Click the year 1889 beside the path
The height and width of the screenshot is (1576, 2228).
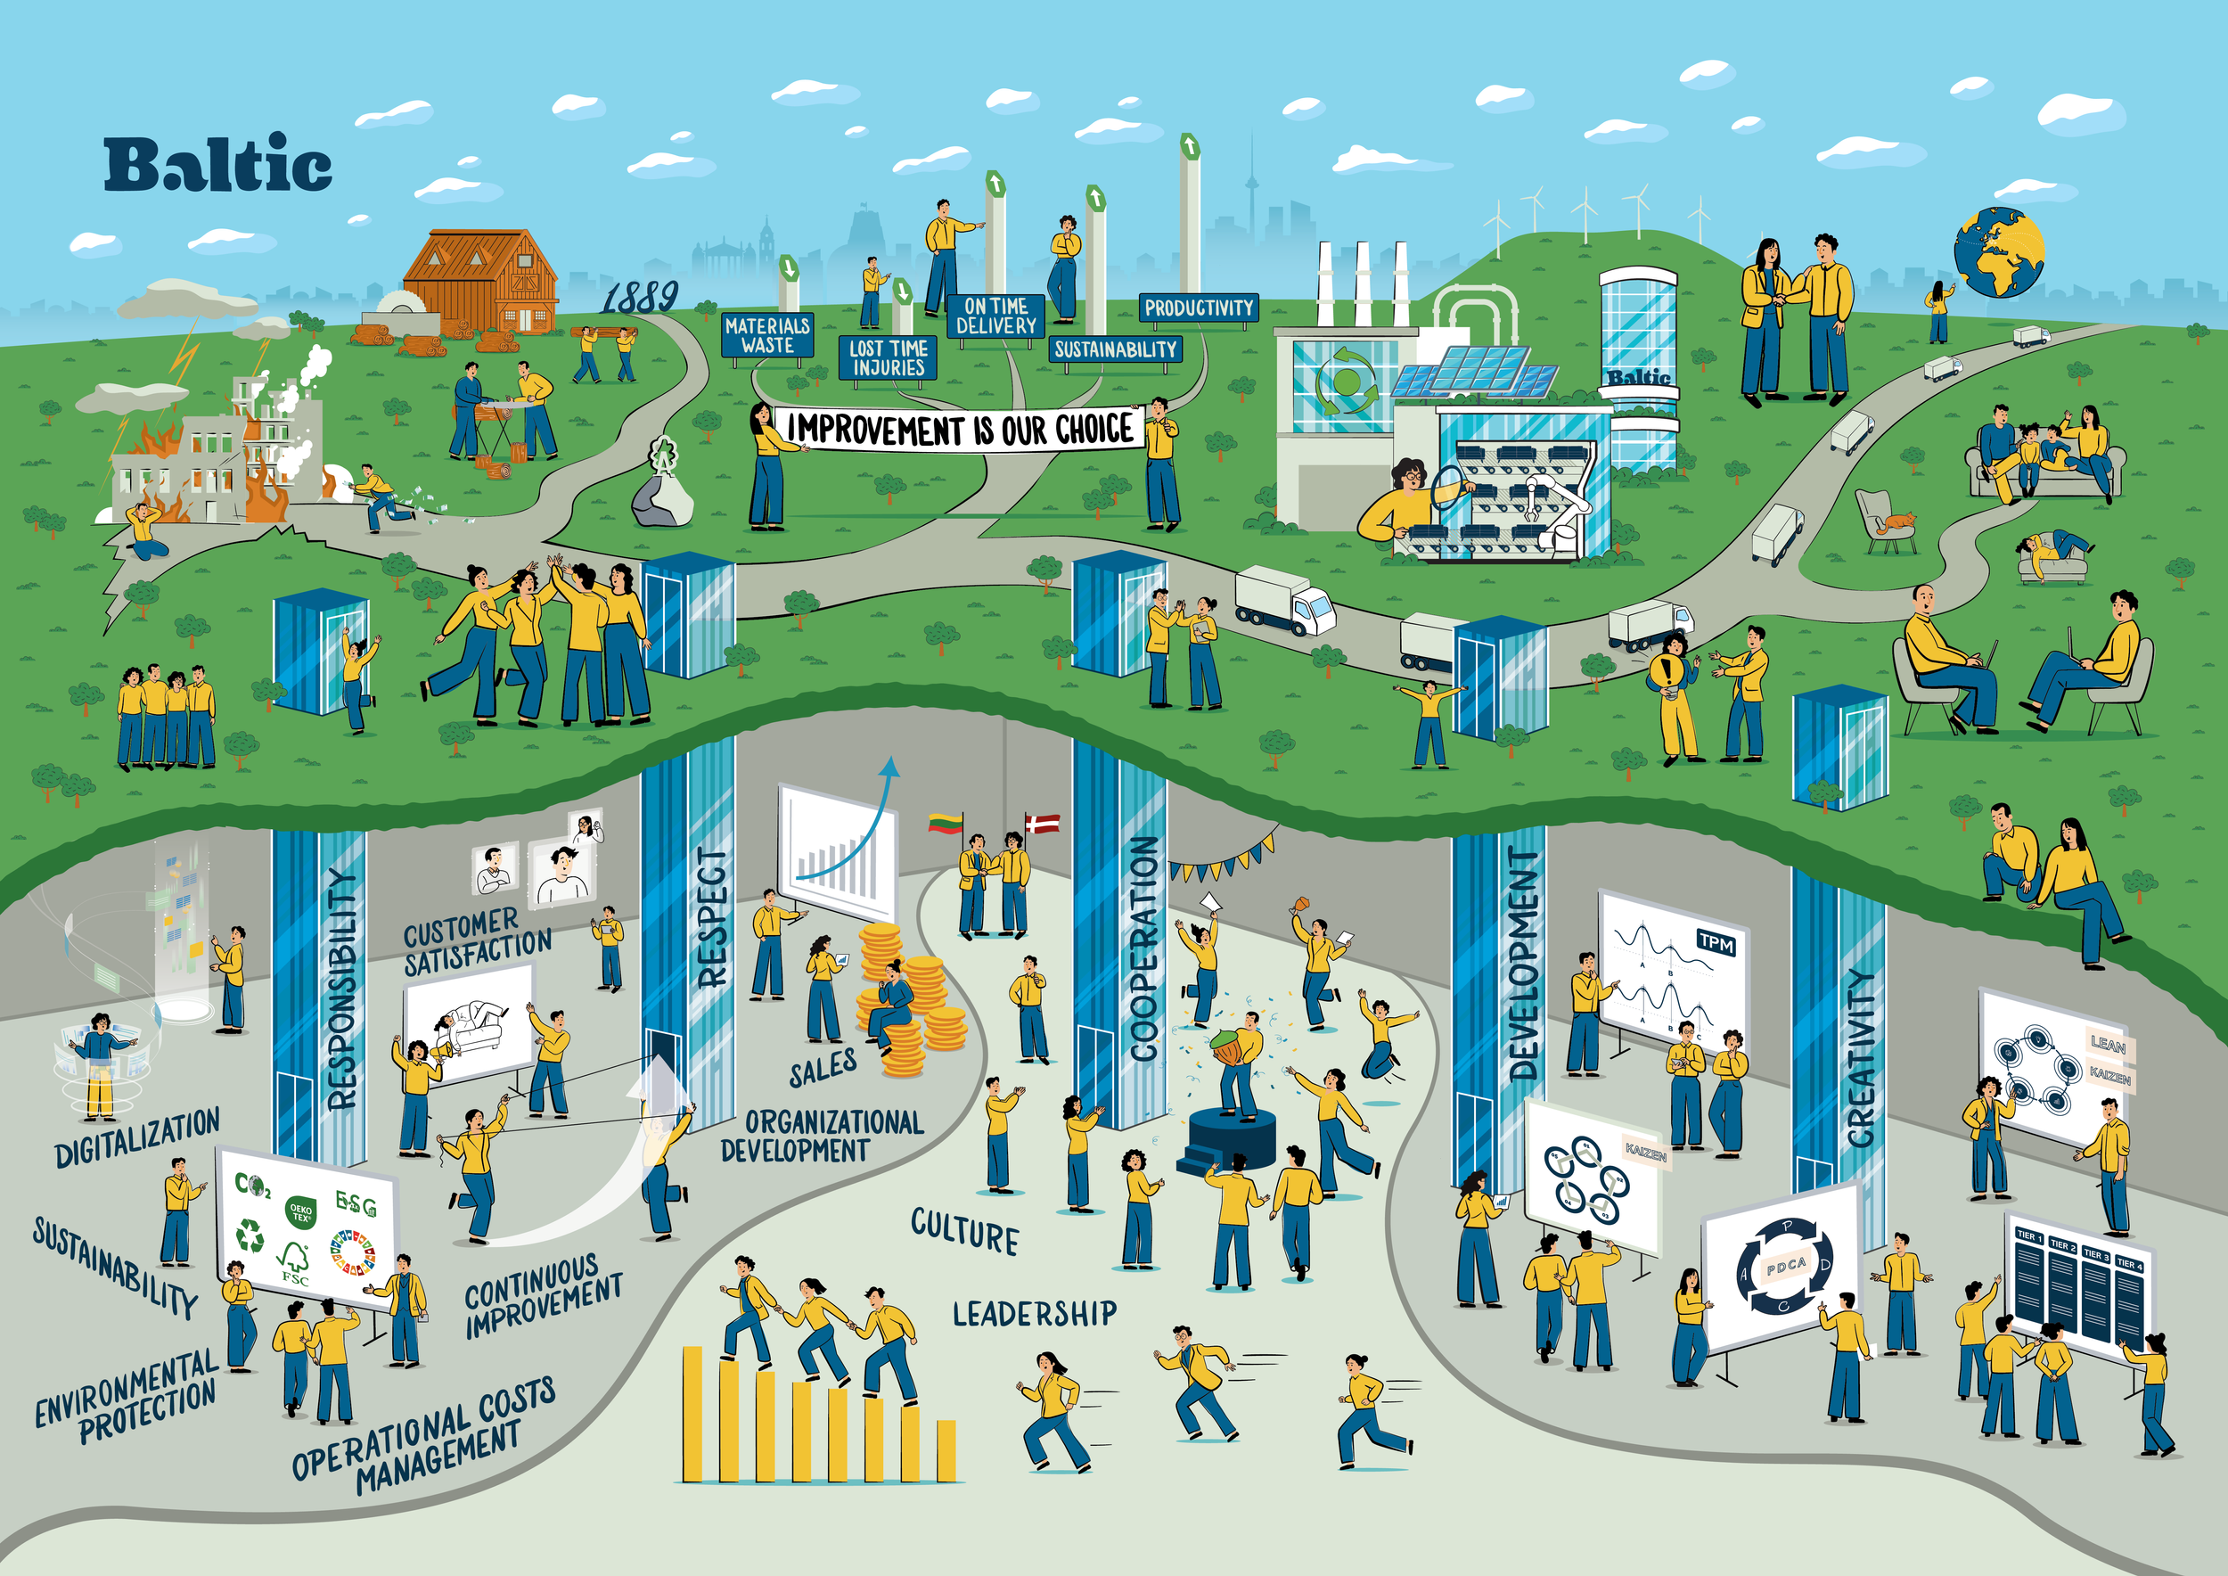pyautogui.click(x=638, y=296)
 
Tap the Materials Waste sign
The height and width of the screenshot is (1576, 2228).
pyautogui.click(x=767, y=336)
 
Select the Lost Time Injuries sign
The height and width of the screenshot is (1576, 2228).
pyautogui.click(x=888, y=357)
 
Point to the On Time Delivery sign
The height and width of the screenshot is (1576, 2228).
pyautogui.click(x=995, y=316)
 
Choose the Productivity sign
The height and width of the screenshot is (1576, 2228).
pyautogui.click(x=1199, y=308)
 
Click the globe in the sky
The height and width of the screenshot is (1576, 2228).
pyautogui.click(x=1999, y=252)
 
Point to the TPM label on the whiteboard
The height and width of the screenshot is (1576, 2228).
pyautogui.click(x=1716, y=941)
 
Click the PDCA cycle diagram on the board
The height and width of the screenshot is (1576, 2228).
pyautogui.click(x=1785, y=1266)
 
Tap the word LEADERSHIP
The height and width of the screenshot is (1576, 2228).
pyautogui.click(x=1035, y=1313)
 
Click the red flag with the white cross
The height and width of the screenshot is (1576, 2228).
pyautogui.click(x=1044, y=825)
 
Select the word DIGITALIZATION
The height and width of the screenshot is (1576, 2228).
pyautogui.click(x=138, y=1137)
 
